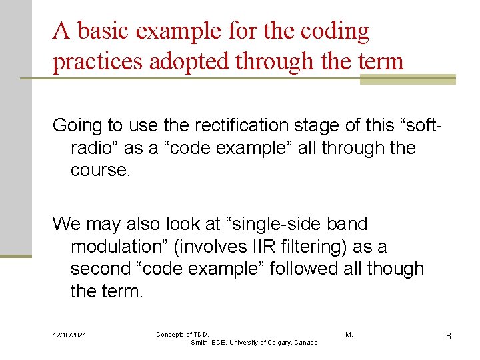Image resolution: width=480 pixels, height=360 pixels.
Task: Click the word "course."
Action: (101, 170)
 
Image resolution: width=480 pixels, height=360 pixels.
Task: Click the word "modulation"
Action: (117, 246)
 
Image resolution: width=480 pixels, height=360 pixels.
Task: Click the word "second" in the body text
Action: (100, 269)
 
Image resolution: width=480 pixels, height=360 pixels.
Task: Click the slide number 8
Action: (449, 336)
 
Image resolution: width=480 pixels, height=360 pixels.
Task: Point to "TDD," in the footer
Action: (201, 333)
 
